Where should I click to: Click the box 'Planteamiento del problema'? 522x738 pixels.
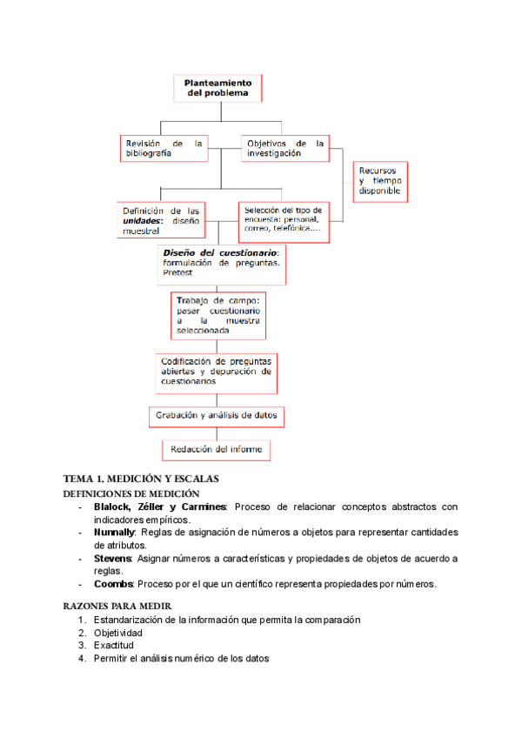tap(217, 88)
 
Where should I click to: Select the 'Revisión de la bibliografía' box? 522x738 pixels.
tap(164, 148)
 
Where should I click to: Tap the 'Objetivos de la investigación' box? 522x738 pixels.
tap(284, 148)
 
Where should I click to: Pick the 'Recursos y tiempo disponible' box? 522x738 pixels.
tap(380, 180)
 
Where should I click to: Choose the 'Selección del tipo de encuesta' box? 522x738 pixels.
tap(284, 221)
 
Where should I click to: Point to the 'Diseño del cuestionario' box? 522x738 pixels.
tap(221, 263)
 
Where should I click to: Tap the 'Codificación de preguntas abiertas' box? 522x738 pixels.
tap(216, 371)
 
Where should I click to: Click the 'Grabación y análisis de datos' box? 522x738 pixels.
tap(217, 416)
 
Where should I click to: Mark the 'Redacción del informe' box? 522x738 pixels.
tap(217, 450)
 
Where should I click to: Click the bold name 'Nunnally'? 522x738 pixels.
tap(114, 533)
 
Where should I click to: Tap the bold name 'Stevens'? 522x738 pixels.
tap(112, 558)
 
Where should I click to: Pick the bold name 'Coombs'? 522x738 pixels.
tap(111, 583)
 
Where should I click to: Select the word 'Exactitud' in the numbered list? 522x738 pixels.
tap(114, 646)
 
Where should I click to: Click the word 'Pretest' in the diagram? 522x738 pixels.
tap(177, 273)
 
